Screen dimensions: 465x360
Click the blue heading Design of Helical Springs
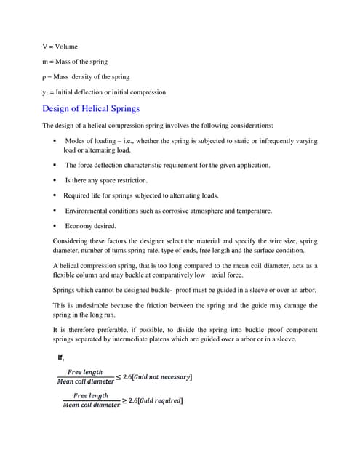click(x=92, y=110)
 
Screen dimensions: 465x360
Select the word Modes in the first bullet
click(x=77, y=141)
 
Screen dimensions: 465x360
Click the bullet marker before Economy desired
click(x=55, y=226)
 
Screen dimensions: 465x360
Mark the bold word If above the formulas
click(x=61, y=357)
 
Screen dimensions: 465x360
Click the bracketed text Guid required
click(x=155, y=400)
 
